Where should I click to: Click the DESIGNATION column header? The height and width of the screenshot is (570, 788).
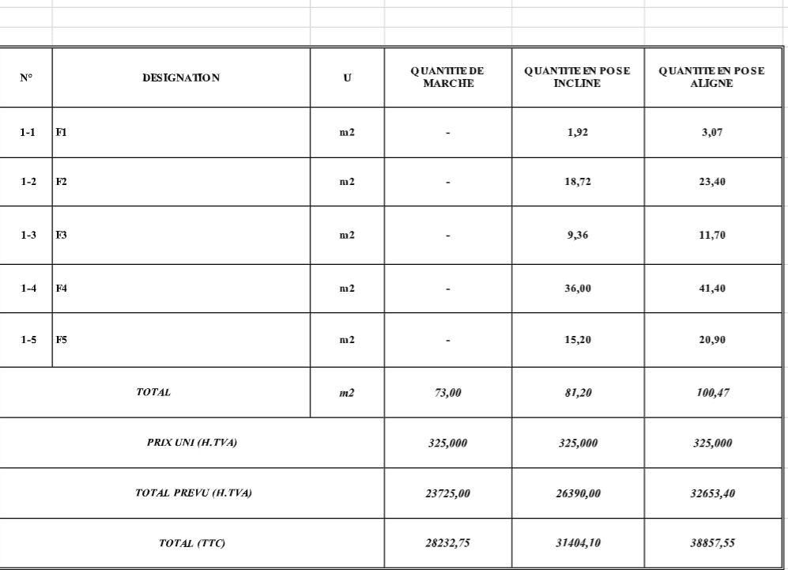[181, 77]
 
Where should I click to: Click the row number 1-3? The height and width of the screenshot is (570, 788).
[27, 236]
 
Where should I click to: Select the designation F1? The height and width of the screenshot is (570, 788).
[60, 133]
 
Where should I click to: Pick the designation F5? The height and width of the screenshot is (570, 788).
[60, 340]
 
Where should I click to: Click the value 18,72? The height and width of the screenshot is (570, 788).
[577, 182]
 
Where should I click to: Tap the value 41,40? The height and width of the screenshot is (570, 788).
[711, 289]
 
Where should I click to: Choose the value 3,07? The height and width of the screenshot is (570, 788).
[711, 133]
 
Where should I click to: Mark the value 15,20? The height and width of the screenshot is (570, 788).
[577, 340]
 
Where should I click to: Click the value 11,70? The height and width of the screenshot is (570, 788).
[711, 236]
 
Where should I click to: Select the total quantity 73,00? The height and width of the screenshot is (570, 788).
[447, 391]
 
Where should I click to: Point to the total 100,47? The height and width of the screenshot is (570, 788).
[711, 391]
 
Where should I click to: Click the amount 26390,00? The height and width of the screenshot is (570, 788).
[577, 493]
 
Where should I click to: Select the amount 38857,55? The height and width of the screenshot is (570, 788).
[711, 544]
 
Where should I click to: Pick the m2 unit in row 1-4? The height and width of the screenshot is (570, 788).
[347, 289]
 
